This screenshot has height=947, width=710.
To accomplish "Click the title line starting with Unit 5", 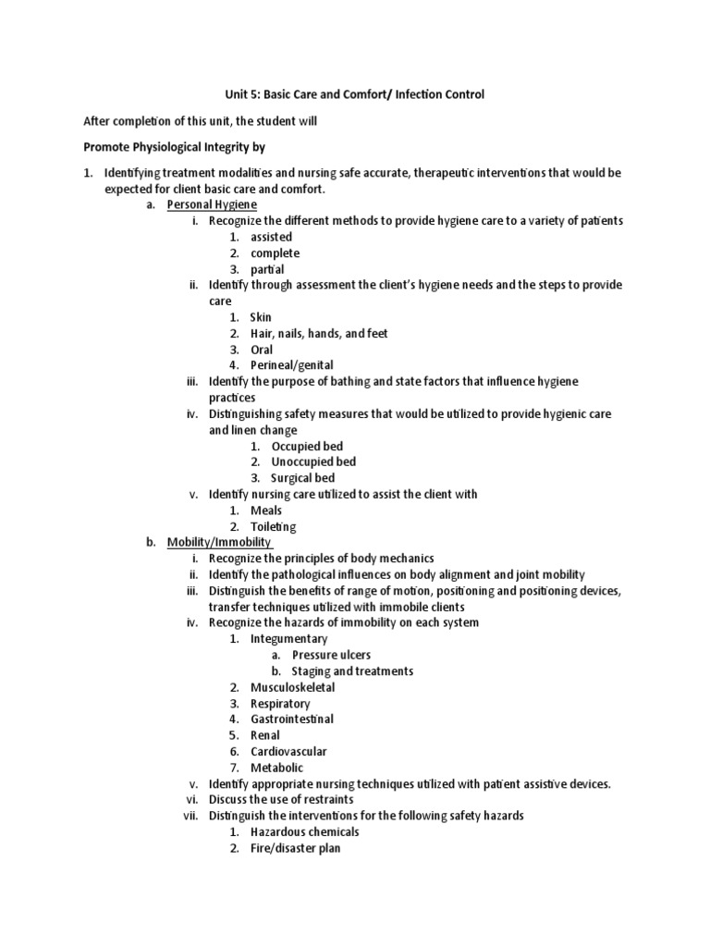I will (355, 94).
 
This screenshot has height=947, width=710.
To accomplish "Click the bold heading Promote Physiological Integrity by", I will (175, 147).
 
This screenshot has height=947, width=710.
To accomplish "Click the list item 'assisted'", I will (271, 237).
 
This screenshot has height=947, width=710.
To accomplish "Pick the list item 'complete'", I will (275, 253).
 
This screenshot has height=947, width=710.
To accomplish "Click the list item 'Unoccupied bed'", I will (313, 461).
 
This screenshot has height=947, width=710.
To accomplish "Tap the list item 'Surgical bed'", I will (302, 478).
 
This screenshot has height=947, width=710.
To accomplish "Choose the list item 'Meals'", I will (266, 510).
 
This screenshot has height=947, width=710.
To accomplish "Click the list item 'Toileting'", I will (274, 527).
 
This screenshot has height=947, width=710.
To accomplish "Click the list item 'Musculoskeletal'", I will (292, 687).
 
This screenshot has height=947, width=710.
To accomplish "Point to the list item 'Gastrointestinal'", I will (292, 719).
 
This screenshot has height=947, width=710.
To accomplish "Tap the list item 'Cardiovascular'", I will (288, 752).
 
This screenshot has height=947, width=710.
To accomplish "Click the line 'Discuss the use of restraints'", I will (281, 799).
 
